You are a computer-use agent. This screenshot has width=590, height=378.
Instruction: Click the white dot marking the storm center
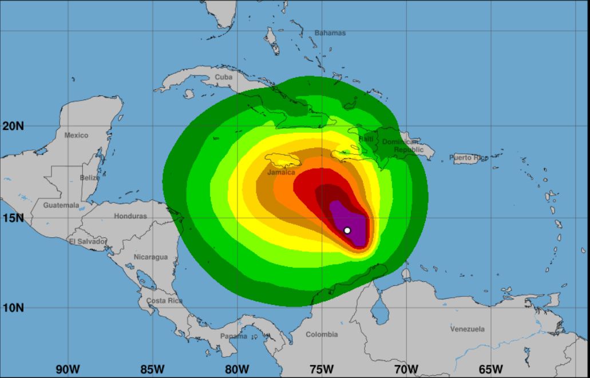tap(347, 230)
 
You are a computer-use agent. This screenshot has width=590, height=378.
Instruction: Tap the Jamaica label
tap(282, 172)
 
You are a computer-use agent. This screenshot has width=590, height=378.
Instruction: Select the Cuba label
tap(224, 77)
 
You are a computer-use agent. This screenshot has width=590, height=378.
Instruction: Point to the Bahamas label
tap(330, 33)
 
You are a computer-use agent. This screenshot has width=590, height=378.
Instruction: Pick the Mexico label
tap(76, 136)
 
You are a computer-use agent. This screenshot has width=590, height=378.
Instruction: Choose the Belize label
tap(90, 178)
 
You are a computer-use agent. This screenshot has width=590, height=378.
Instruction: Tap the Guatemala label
tap(61, 205)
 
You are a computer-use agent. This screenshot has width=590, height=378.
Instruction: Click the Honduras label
tap(130, 217)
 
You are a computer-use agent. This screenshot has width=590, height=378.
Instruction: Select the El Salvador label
tap(88, 241)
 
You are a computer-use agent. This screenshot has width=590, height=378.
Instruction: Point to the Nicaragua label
tap(151, 257)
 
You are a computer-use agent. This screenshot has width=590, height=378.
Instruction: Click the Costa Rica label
tap(164, 301)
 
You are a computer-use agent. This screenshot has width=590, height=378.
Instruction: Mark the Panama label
tap(234, 336)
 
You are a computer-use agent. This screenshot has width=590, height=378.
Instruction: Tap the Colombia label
tap(322, 335)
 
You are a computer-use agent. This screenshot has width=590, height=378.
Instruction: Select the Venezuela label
tap(468, 329)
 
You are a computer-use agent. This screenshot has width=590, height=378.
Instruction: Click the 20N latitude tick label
tap(13, 126)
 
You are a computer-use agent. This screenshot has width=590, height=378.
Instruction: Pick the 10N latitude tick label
tap(13, 308)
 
